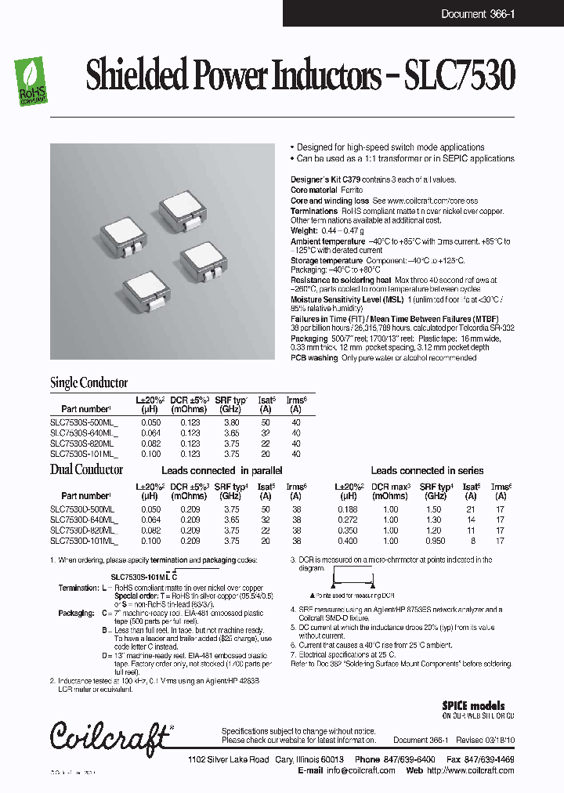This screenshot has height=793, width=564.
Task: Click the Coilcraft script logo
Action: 109,735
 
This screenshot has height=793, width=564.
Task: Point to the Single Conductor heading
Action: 89,383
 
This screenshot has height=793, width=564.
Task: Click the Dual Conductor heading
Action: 86,470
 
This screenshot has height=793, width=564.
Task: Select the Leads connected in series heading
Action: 427,471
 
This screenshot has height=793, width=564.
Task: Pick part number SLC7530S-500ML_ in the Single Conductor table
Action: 84,422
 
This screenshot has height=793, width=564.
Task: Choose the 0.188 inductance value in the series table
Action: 349,509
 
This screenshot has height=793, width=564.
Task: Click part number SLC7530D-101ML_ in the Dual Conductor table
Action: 84,541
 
